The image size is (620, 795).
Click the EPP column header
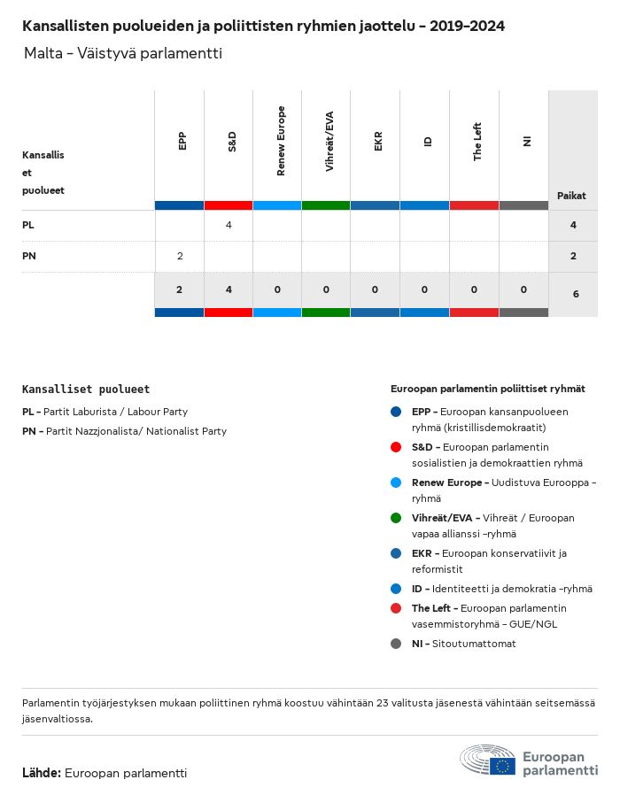(x=182, y=141)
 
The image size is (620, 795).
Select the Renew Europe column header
(x=281, y=141)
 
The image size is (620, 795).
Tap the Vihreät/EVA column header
(x=329, y=141)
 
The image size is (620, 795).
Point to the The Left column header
(x=477, y=141)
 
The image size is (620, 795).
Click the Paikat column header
(x=571, y=196)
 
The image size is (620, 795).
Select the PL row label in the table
(x=28, y=225)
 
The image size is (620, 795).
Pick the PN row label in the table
(x=29, y=256)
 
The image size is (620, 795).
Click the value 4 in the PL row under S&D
(x=229, y=225)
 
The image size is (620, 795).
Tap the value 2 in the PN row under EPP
(x=180, y=256)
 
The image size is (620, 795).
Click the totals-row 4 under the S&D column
(x=229, y=289)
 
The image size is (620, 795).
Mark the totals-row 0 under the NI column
(x=523, y=289)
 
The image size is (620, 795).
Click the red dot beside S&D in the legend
(x=396, y=447)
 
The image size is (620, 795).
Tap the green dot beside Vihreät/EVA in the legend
(x=396, y=518)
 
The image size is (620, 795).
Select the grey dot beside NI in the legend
(x=396, y=644)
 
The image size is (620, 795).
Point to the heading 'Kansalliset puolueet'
(x=86, y=389)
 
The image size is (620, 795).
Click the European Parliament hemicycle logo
(x=487, y=760)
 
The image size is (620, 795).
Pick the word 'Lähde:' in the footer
(x=42, y=773)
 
